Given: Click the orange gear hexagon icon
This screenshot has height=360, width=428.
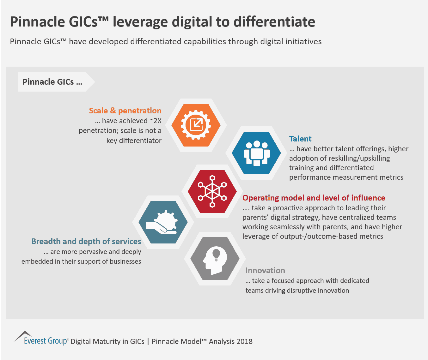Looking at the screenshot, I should point(196,125).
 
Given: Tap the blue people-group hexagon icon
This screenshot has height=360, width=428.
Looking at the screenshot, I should point(256,153).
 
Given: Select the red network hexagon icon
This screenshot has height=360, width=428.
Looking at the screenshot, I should point(212,191).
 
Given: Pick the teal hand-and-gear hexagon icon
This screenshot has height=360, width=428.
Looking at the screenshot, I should point(163,222).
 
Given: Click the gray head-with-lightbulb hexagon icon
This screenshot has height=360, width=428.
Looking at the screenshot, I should point(215,258).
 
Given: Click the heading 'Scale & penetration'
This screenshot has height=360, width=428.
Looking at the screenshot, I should point(125,111).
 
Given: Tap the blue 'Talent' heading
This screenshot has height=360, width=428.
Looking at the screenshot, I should point(300,139).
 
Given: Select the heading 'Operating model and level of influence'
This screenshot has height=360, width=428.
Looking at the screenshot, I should point(314,198).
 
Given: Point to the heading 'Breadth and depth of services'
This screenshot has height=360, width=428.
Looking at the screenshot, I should point(86,241).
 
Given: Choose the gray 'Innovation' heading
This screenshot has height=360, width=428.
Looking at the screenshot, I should point(265,270).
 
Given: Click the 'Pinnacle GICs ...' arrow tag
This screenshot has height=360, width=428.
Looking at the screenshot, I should point(52,82).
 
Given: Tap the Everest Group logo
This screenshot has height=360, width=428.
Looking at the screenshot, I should point(41,339).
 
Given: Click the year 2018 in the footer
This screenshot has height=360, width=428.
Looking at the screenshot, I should point(244,341).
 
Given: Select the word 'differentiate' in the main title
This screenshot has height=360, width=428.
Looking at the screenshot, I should point(274,22).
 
